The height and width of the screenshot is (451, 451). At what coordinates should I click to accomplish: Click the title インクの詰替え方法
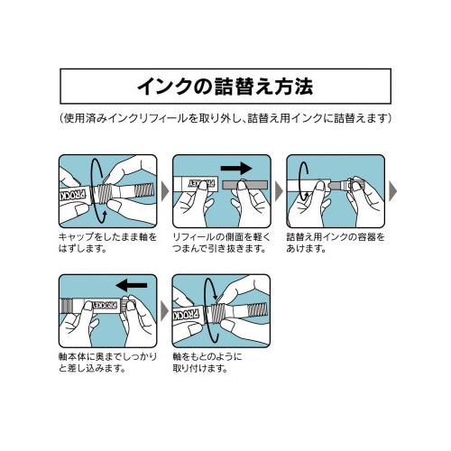click(225, 87)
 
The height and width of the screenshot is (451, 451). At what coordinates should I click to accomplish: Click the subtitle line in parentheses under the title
click(225, 119)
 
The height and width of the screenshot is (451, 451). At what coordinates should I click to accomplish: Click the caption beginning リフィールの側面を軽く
click(220, 242)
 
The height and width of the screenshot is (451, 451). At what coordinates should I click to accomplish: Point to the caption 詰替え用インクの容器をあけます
click(334, 242)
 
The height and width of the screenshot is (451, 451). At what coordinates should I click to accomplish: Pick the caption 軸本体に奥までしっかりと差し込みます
click(106, 362)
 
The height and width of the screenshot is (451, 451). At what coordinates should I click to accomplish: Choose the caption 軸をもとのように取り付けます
click(213, 362)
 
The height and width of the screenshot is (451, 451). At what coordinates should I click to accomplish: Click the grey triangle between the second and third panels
click(278, 191)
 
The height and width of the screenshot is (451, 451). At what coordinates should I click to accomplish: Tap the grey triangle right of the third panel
click(391, 191)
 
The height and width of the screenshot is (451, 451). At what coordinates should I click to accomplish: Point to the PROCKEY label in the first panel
click(74, 191)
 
